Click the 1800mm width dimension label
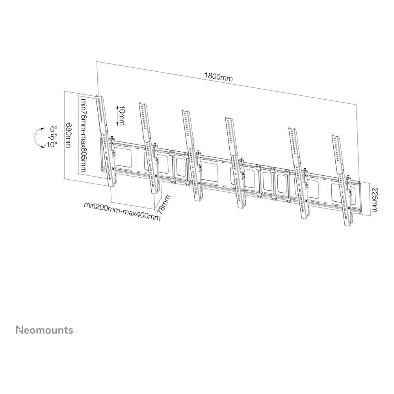218,77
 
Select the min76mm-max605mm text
83,135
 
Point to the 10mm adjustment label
122,115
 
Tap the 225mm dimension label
374,200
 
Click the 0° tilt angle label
54,129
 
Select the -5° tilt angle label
52,137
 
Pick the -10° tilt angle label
50,145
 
